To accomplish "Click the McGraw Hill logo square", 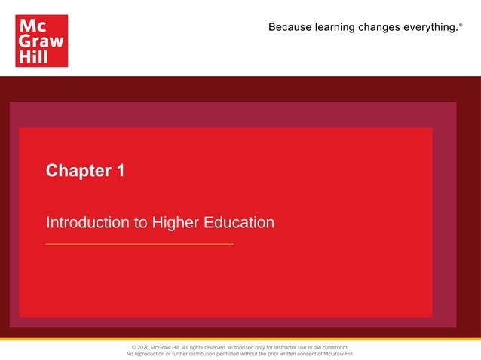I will coord(41,41).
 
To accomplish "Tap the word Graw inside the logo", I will coord(41,41).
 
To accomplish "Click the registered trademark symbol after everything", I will coord(460,25).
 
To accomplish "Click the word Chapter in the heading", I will coord(78,171).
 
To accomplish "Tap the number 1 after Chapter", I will coord(120,171).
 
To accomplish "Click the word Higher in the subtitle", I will coord(176,223).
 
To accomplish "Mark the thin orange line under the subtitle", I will coord(139,244).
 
